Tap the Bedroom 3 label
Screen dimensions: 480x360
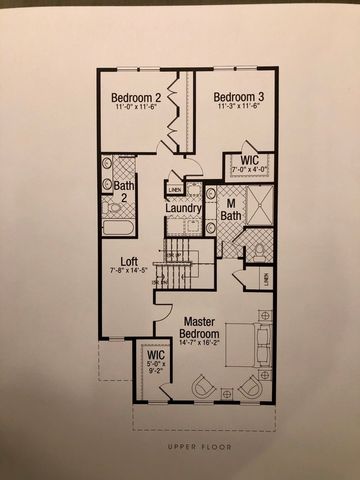tap(237, 96)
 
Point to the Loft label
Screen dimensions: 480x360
tap(129, 262)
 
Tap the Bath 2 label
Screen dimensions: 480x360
tap(124, 192)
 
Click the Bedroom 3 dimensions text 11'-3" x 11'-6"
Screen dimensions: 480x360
tap(237, 109)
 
